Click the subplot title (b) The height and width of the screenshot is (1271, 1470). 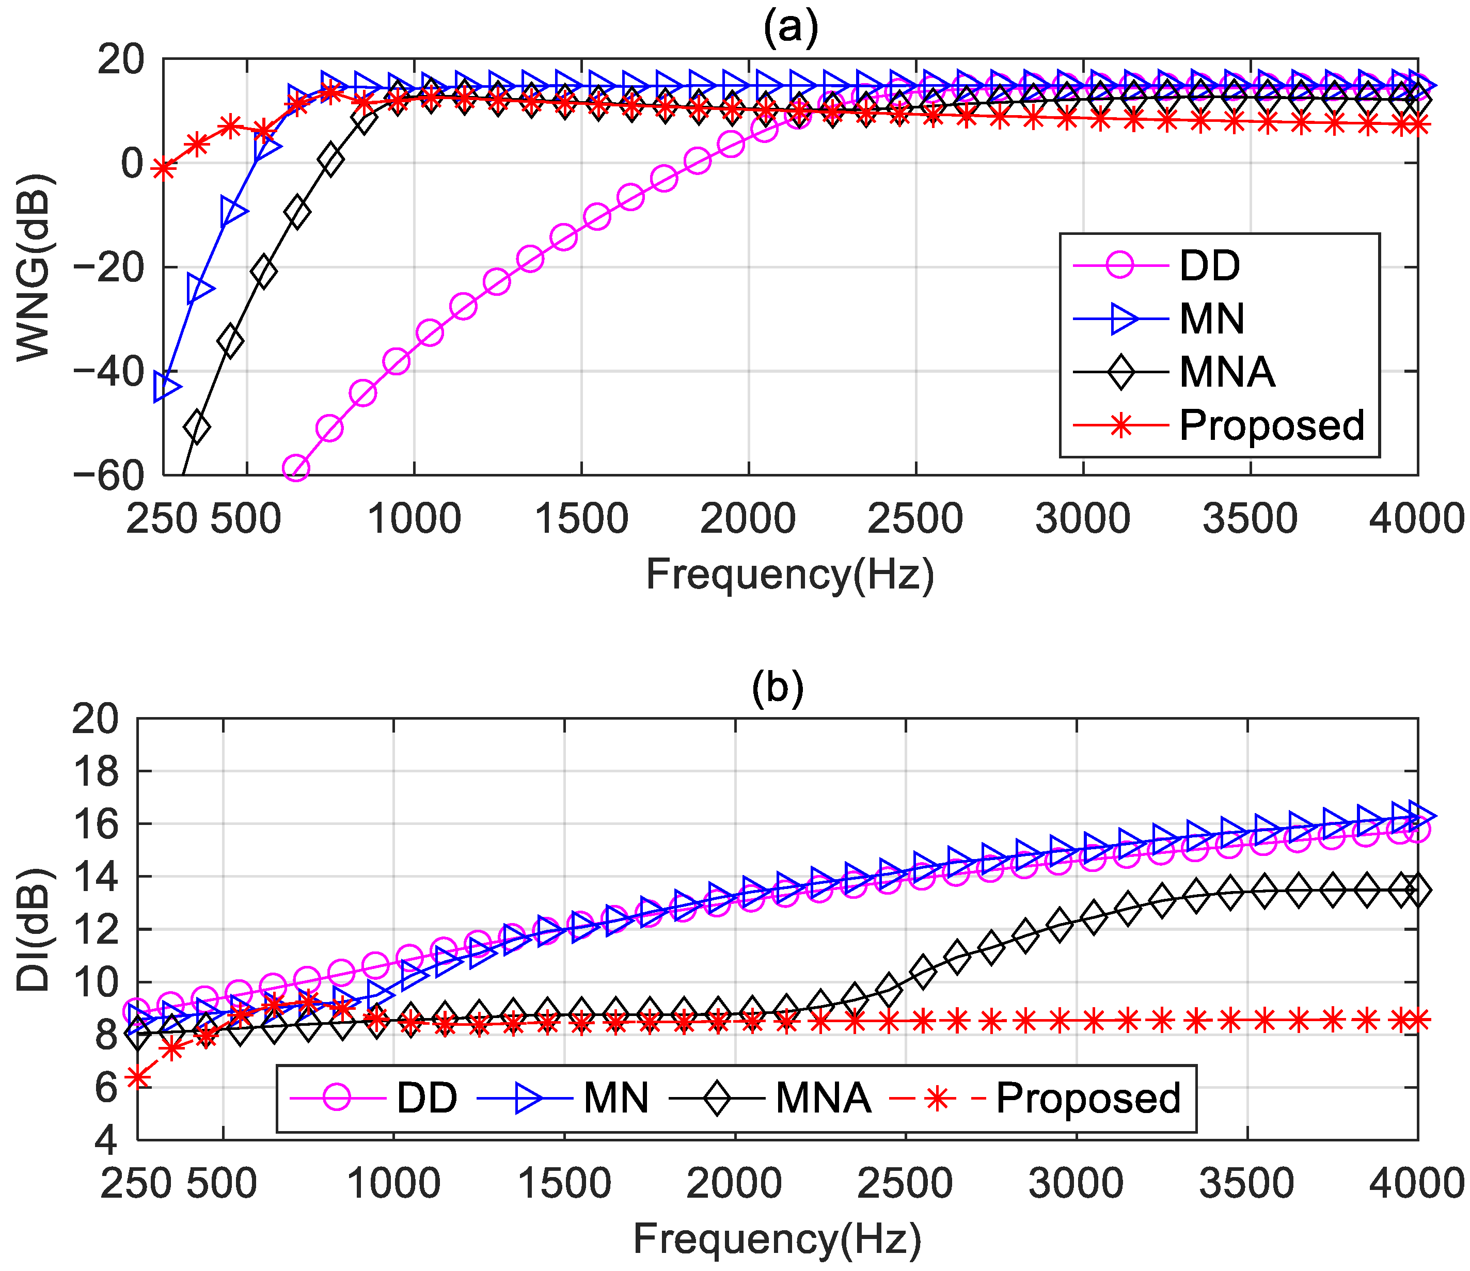click(778, 687)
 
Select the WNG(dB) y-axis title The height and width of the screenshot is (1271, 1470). click(34, 266)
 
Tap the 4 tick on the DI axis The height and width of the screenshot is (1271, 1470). click(106, 1140)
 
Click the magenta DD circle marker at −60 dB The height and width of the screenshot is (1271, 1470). click(296, 468)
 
